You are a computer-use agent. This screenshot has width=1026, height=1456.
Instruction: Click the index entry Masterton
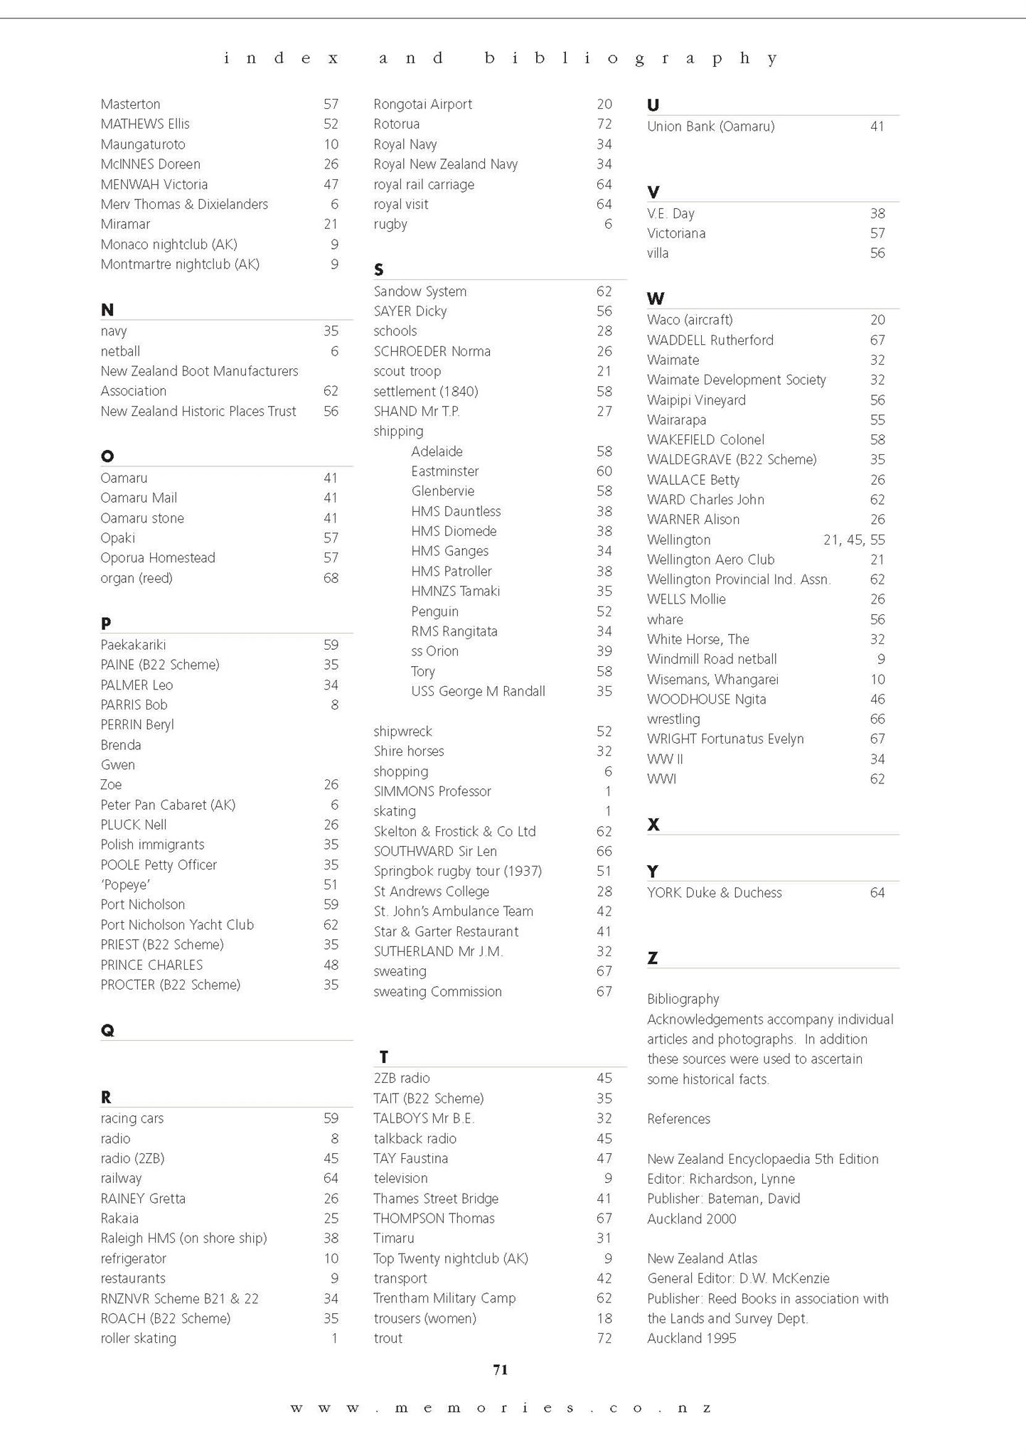pos(130,104)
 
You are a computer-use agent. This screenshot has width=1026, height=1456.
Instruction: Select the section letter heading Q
pos(107,1030)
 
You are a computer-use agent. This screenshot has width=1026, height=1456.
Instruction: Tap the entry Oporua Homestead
pos(158,558)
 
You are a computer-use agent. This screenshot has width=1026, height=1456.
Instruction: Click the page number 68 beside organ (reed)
pos(331,578)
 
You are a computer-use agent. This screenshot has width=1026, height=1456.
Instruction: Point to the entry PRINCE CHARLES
pos(151,965)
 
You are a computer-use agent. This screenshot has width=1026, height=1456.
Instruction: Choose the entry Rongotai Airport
pos(423,104)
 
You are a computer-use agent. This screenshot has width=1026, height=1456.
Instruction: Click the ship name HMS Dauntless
pos(456,511)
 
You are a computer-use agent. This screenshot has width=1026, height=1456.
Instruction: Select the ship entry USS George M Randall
pos(478,691)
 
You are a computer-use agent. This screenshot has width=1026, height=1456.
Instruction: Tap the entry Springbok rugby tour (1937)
pos(458,871)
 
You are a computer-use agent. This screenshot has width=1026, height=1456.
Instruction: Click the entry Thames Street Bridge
pos(436,1199)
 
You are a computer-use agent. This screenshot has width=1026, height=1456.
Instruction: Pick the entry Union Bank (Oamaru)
pos(711,127)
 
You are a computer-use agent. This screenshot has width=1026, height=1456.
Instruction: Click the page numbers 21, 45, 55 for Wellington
pos(854,540)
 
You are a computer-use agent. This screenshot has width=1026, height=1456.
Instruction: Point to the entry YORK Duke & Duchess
pos(714,893)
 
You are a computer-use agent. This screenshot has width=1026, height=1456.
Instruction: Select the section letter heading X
pos(653,825)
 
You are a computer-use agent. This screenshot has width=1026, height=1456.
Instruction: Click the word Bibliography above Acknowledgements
pos(683,999)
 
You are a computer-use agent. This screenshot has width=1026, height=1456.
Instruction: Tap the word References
pos(678,1119)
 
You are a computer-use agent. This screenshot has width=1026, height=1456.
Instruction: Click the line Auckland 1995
pos(692,1339)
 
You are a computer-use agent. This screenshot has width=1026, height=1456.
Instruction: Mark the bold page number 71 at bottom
pos(501,1370)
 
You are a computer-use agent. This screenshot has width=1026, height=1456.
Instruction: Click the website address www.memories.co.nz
pos(501,1408)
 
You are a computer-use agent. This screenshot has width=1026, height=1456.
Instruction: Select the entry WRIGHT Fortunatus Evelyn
pos(725,739)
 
